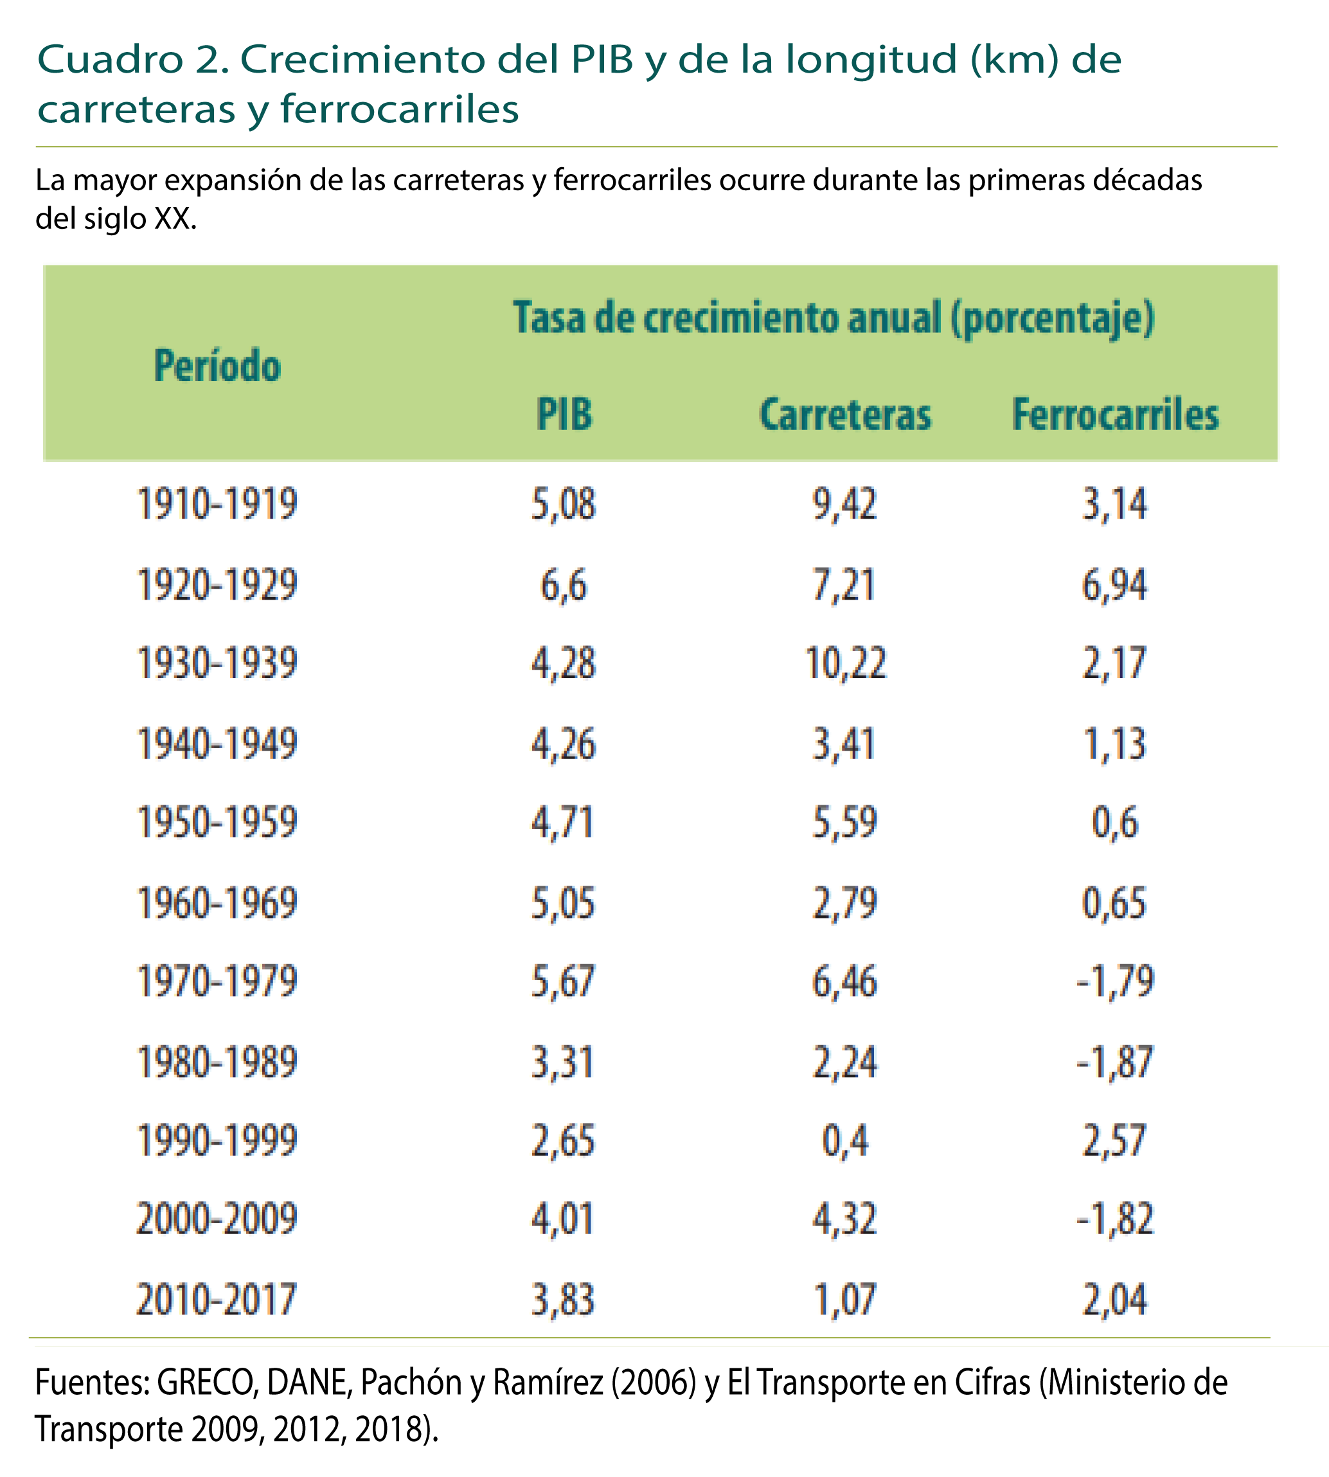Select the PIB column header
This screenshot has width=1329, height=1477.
(x=564, y=414)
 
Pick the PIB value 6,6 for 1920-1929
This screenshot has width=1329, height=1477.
(x=564, y=585)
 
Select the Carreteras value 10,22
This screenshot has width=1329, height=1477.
(x=846, y=663)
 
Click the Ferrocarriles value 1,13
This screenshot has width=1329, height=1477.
(x=1114, y=744)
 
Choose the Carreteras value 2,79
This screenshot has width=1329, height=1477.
(x=845, y=903)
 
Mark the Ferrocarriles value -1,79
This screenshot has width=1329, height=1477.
(x=1114, y=981)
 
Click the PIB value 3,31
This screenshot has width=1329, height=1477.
(x=563, y=1061)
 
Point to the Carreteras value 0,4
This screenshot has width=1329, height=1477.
(x=845, y=1140)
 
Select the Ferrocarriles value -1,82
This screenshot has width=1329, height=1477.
(x=1114, y=1219)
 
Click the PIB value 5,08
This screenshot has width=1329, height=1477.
(x=563, y=504)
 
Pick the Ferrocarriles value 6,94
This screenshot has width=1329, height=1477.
(x=1114, y=585)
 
